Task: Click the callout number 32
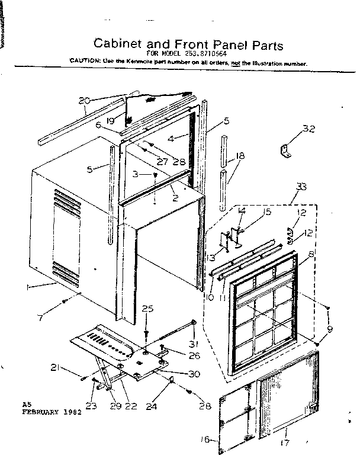(x=308, y=129)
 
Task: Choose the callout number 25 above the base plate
(x=147, y=308)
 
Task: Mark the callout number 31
(x=193, y=346)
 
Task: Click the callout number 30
(x=194, y=374)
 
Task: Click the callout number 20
(x=84, y=100)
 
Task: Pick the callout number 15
(x=267, y=212)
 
